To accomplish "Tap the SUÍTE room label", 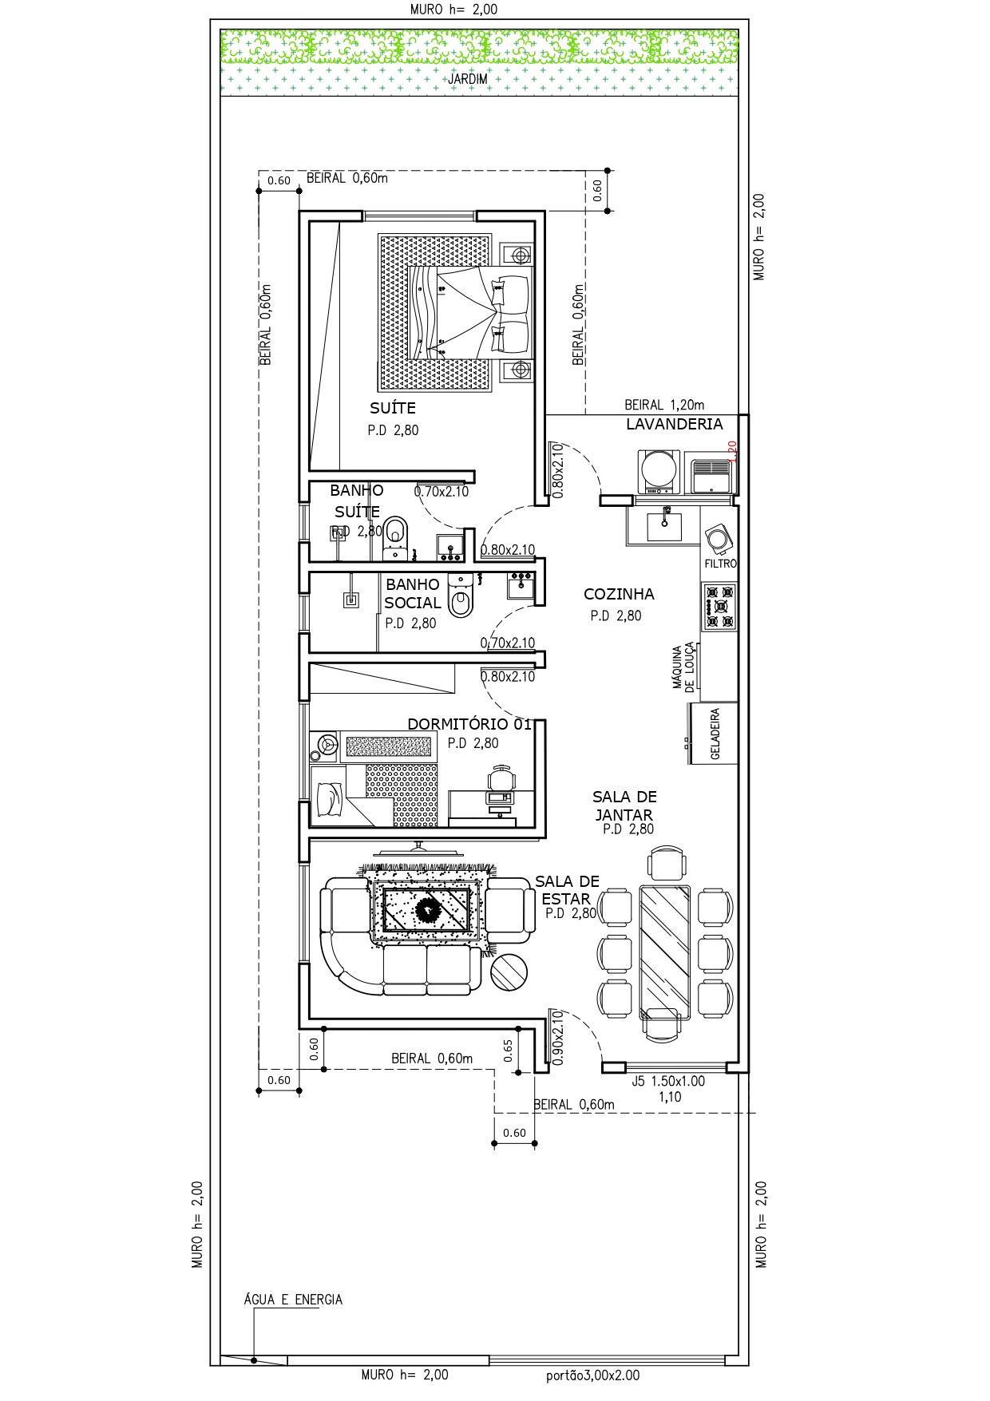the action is (x=393, y=408).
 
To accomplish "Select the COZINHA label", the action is (x=619, y=594).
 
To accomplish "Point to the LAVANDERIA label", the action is (x=674, y=425).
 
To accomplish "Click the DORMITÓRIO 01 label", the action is (x=469, y=724).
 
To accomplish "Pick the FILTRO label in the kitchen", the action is (x=720, y=564).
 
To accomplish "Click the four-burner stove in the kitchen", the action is (x=719, y=607).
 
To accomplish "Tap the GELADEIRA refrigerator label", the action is (x=715, y=734).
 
